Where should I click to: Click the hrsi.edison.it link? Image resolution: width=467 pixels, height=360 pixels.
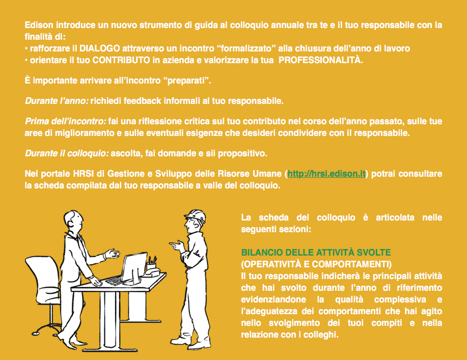point(326,174)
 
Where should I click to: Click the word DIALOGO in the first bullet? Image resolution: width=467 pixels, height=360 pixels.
point(99,48)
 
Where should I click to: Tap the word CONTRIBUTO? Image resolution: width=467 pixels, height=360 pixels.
point(121,60)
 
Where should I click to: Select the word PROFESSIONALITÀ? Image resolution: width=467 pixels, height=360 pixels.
point(320,60)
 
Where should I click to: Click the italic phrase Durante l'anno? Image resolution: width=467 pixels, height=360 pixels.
point(57,101)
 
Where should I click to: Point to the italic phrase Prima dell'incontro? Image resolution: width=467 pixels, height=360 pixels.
point(66,121)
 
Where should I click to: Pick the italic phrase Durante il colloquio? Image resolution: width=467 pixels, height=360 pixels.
point(67,153)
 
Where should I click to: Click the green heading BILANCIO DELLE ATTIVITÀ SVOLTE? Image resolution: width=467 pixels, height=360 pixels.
point(316,253)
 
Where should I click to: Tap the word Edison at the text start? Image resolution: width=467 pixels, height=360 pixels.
point(39,25)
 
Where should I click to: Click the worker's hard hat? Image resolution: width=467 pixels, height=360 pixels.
point(196,215)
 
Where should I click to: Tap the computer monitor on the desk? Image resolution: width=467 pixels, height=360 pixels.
point(133,266)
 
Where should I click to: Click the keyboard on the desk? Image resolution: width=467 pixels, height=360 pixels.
point(114,281)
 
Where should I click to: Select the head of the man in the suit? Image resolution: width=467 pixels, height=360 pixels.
point(73,220)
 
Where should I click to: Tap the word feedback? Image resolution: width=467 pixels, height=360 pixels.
point(143,101)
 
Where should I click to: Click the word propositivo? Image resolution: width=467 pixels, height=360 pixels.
point(242,153)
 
